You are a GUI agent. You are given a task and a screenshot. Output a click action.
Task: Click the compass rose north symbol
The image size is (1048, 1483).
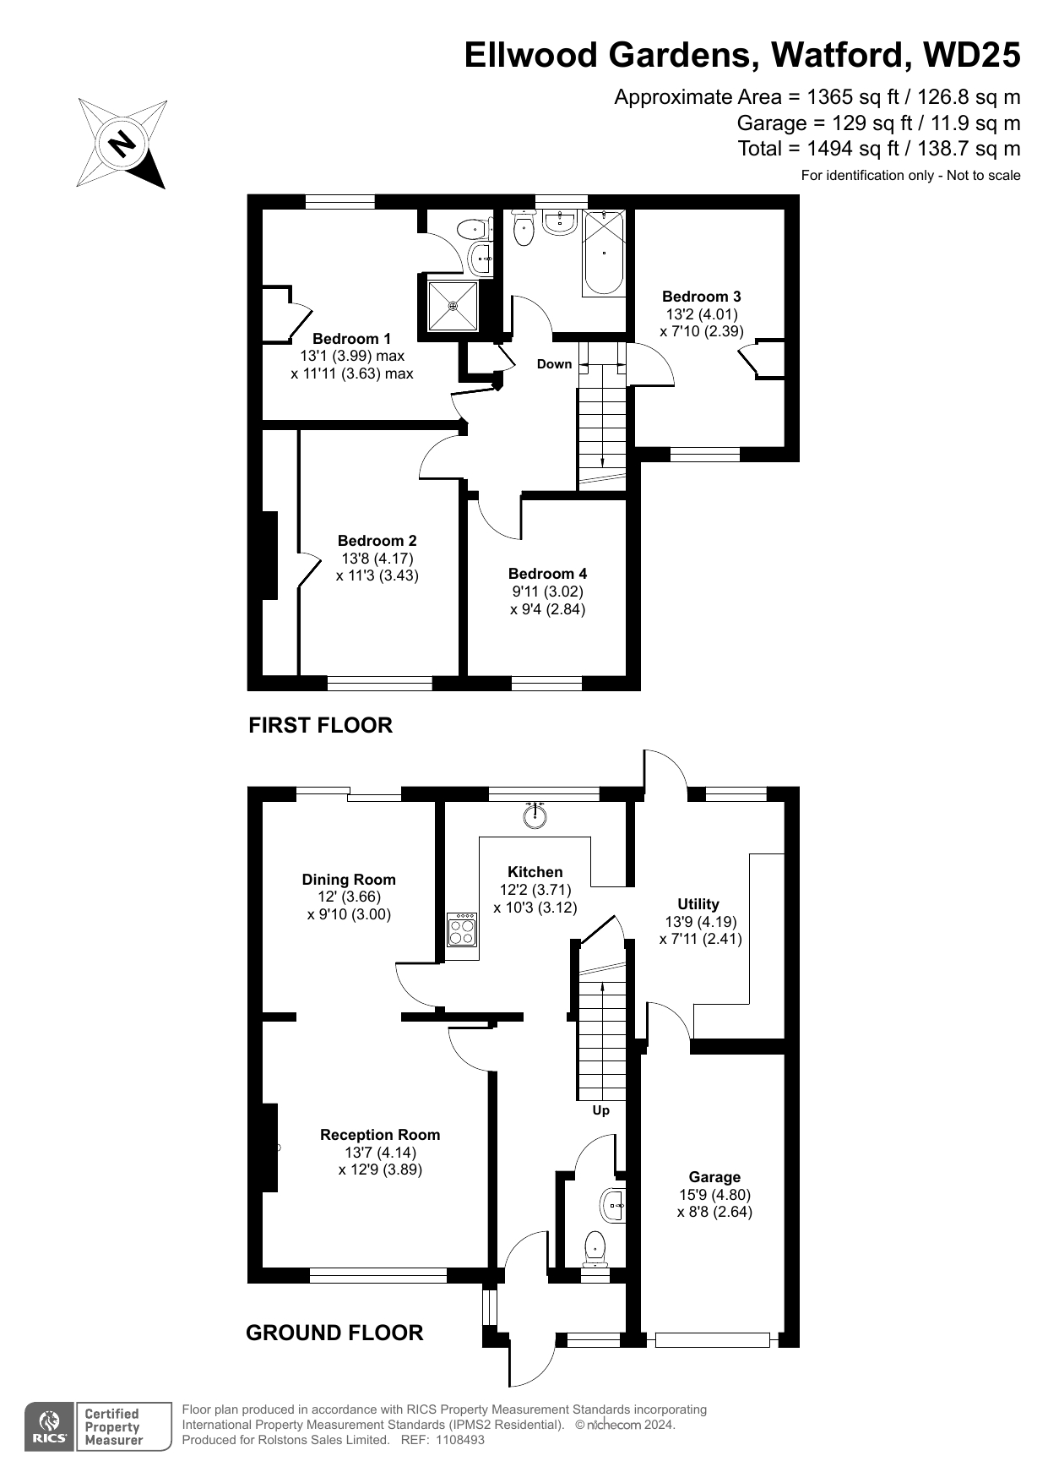point(122,143)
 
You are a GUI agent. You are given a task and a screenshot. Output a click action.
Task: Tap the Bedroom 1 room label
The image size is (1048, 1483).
point(351,339)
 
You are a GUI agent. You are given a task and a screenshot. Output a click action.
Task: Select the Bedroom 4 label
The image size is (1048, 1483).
point(547,574)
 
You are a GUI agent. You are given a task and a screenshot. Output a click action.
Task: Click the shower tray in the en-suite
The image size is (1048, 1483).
point(453,304)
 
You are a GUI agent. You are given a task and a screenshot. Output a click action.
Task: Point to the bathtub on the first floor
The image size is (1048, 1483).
point(603,253)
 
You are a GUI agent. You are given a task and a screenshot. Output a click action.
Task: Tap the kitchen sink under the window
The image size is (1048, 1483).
point(535,815)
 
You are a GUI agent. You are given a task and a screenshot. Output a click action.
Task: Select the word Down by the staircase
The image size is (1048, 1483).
point(555,364)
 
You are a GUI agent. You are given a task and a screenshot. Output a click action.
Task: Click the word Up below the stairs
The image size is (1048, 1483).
point(600,1110)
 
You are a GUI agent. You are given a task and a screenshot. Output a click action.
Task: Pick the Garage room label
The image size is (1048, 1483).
point(714,1177)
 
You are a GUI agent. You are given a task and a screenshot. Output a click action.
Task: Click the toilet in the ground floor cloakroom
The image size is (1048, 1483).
point(595,1247)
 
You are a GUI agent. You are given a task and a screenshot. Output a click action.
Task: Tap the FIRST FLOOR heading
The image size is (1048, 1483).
point(320,725)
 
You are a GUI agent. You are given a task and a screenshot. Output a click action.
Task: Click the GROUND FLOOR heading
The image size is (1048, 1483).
point(334,1333)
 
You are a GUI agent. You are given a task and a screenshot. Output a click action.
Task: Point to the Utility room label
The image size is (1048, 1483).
point(698,904)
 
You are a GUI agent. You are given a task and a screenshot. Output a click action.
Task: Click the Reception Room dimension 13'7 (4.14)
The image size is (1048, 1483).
point(380,1153)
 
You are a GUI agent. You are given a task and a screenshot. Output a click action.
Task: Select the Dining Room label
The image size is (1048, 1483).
point(349,880)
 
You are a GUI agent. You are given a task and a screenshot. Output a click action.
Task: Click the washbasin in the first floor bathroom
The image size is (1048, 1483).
point(559,221)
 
